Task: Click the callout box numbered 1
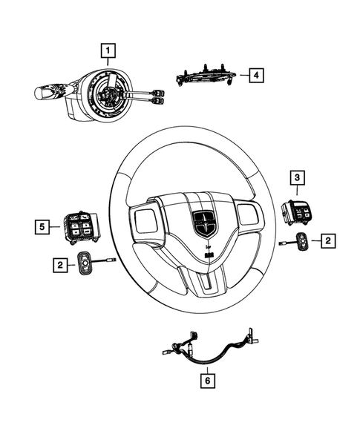click(x=109, y=51)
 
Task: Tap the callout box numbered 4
click(x=255, y=75)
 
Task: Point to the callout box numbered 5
click(x=44, y=224)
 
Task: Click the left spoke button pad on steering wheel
click(x=146, y=221)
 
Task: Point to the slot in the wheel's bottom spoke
click(x=211, y=283)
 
